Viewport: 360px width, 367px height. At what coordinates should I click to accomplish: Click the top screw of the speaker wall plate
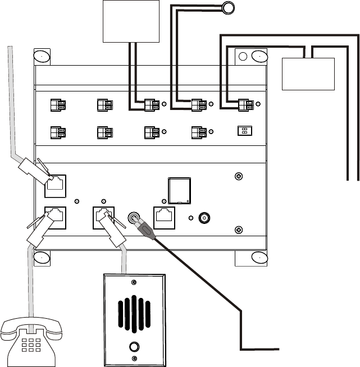133,282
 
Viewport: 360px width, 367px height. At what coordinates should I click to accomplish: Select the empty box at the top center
130,21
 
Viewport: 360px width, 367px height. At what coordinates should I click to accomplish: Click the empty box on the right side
308,73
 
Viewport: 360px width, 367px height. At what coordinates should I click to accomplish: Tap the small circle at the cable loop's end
227,7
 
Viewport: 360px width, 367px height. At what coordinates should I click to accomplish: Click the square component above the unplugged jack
180,190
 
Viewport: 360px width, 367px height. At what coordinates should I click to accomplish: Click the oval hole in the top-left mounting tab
42,57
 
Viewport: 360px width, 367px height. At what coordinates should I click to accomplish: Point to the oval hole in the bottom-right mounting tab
258,258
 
